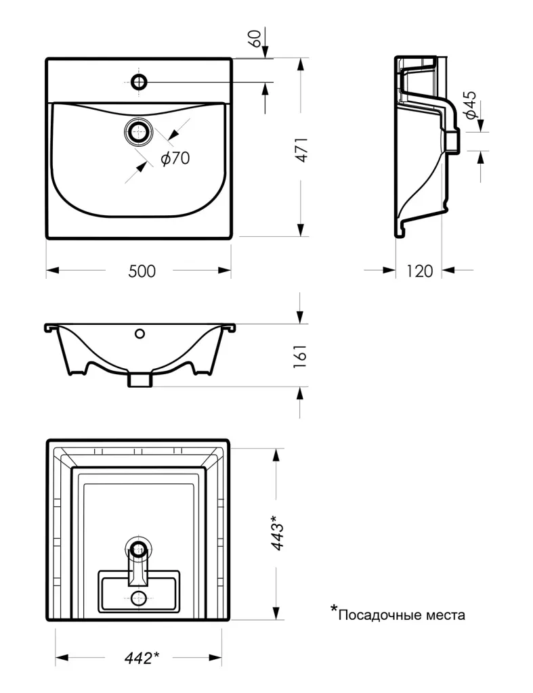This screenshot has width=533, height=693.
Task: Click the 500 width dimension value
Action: tap(142, 271)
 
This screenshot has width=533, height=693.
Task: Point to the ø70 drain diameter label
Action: tap(175, 158)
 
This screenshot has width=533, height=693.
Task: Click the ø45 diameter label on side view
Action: tap(471, 105)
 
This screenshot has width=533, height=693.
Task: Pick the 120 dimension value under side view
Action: tap(419, 271)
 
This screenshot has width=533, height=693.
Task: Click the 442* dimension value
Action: tap(142, 657)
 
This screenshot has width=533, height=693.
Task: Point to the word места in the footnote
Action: tap(444, 615)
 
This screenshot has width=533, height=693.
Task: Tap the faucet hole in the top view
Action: tap(140, 83)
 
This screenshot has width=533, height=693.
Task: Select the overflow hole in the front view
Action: tap(140, 333)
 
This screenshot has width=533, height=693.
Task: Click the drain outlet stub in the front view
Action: tap(140, 380)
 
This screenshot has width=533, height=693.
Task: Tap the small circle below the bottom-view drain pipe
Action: tap(139, 598)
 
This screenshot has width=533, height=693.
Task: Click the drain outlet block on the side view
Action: tap(452, 140)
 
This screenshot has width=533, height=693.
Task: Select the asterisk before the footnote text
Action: tap(333, 610)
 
